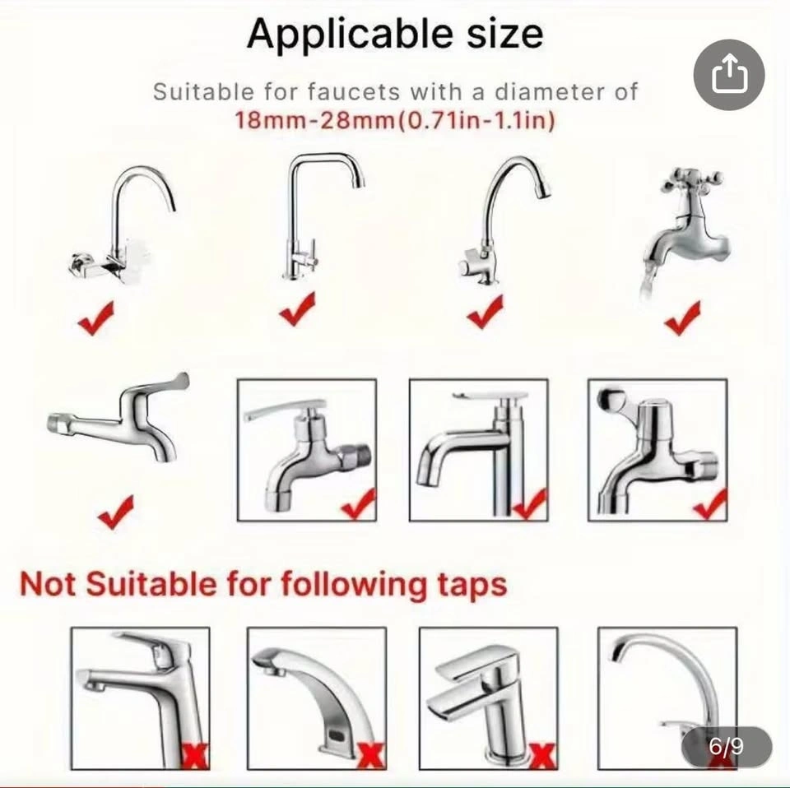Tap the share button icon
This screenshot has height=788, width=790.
729,75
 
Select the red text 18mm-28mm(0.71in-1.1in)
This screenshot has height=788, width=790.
396,120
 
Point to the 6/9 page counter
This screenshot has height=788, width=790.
726,746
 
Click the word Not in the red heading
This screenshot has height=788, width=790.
49,584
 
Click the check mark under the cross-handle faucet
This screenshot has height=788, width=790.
683,318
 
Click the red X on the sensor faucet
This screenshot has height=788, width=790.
371,756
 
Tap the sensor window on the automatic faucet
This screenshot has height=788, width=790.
334,736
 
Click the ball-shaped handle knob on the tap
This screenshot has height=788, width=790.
611,399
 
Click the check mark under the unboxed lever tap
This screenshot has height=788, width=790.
116,512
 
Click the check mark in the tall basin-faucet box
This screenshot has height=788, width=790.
530,504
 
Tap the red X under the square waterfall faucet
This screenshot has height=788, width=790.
542,757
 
